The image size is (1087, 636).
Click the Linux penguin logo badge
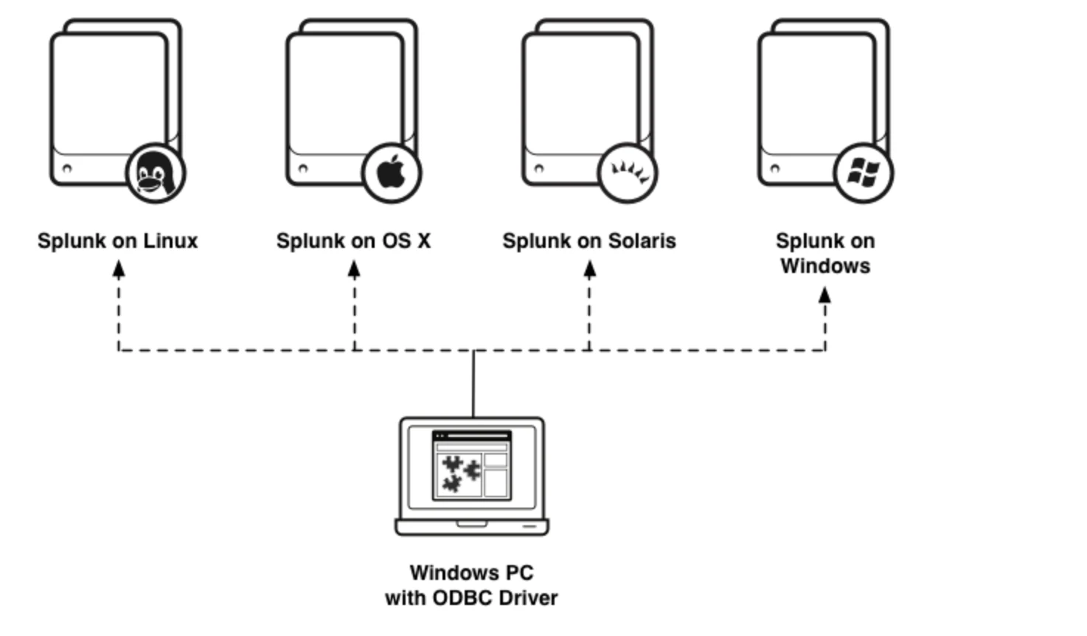click(x=156, y=173)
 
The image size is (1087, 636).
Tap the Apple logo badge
click(x=392, y=173)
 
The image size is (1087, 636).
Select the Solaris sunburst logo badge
click(x=628, y=173)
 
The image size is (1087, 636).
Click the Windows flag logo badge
click(x=864, y=173)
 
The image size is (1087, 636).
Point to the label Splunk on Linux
click(x=118, y=241)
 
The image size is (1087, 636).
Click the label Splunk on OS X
click(x=354, y=241)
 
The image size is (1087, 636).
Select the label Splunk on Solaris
click(x=589, y=241)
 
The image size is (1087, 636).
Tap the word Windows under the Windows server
click(x=825, y=266)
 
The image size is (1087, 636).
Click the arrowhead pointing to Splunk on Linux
click(x=119, y=269)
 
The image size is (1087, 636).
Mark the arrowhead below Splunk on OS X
click(x=354, y=269)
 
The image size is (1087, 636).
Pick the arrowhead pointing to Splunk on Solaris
click(x=590, y=269)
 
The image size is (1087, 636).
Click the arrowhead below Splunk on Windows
click(x=825, y=294)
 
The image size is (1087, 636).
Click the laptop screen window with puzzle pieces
click(x=472, y=465)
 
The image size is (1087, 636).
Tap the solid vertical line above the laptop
click(x=473, y=384)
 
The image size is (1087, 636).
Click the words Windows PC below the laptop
click(x=472, y=573)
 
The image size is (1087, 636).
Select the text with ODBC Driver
click(x=472, y=598)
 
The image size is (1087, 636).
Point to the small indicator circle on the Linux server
click(x=67, y=168)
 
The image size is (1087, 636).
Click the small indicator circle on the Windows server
click(x=774, y=168)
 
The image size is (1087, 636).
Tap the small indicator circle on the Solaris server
click(x=538, y=168)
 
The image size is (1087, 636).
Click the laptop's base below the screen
click(x=472, y=528)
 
